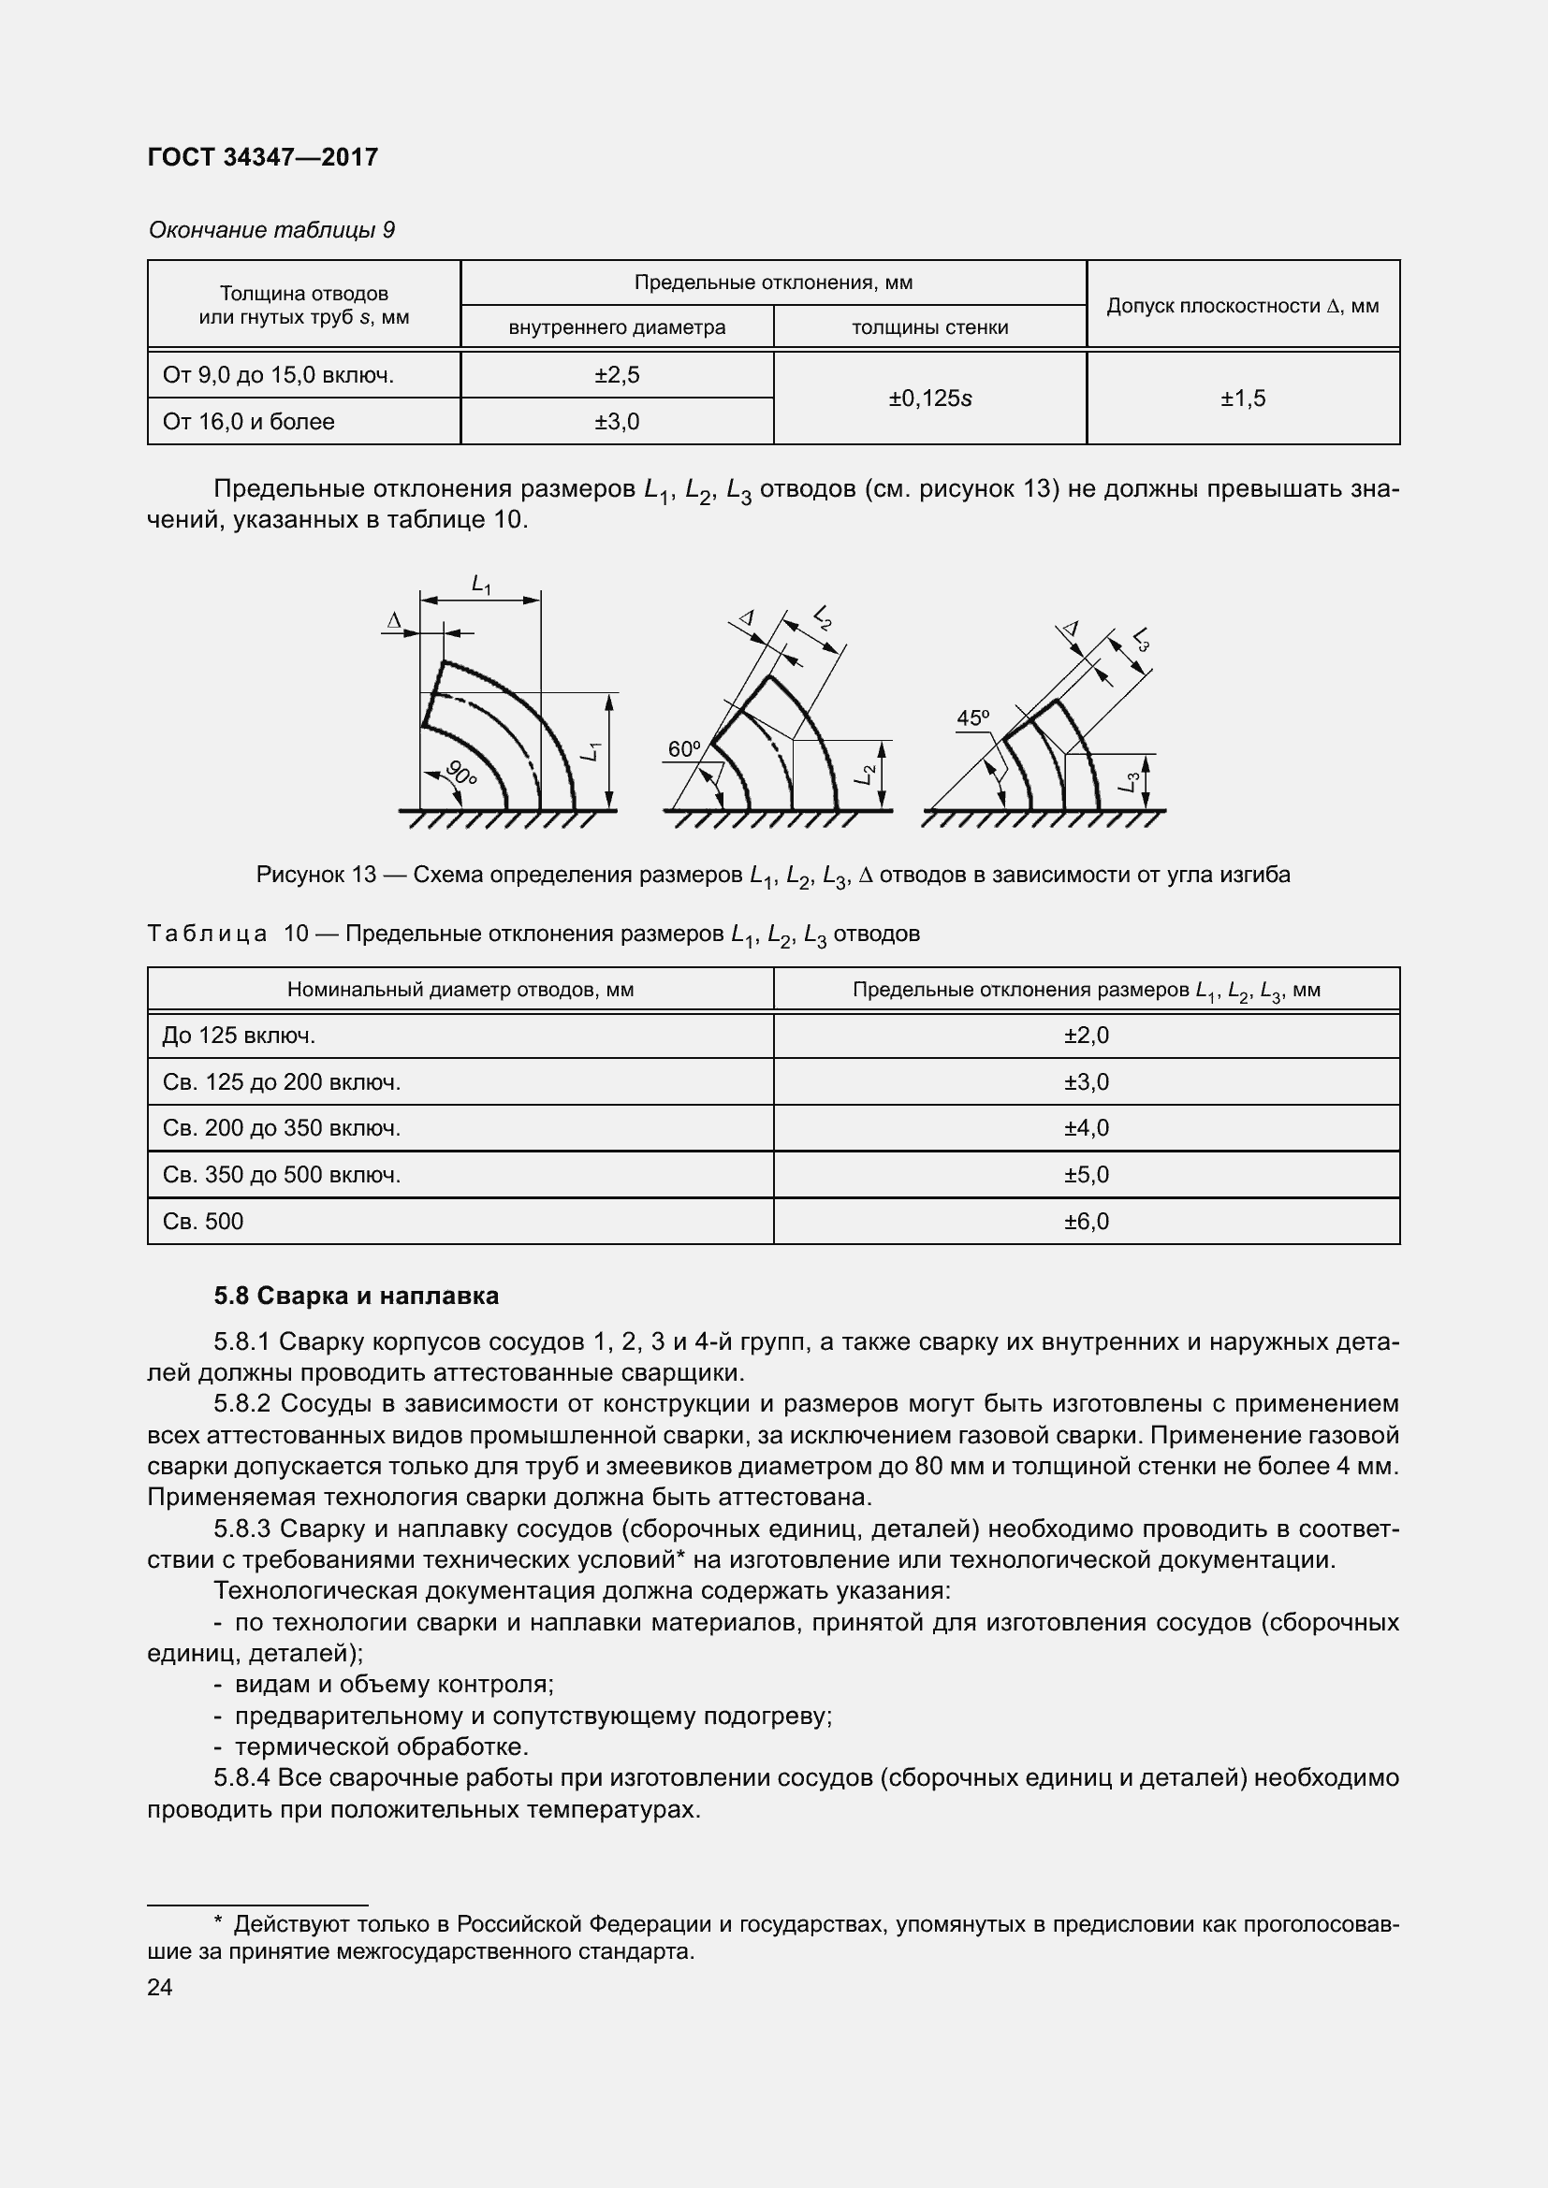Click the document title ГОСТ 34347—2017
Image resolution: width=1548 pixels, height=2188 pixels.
click(x=263, y=157)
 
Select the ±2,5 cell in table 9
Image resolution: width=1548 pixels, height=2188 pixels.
click(x=617, y=375)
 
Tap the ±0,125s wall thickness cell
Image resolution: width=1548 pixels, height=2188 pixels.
click(x=929, y=398)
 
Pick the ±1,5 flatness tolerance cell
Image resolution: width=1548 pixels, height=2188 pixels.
click(x=1243, y=398)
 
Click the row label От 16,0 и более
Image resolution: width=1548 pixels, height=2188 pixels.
click(x=249, y=422)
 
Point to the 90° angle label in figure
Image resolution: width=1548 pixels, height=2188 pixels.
click(x=461, y=775)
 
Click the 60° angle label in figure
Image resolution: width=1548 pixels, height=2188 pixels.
click(x=683, y=750)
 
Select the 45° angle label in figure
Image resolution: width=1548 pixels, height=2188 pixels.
click(x=972, y=718)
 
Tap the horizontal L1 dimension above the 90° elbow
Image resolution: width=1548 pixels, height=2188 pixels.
click(x=481, y=584)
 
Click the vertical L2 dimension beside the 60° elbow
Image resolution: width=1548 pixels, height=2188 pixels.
click(x=866, y=775)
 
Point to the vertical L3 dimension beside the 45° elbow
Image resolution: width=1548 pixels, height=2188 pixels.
click(x=1130, y=782)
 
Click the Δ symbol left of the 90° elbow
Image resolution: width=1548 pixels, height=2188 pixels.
click(x=394, y=621)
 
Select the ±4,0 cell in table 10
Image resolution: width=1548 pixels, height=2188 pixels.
click(x=1087, y=1128)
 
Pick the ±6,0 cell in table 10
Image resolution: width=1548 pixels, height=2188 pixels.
click(x=1087, y=1222)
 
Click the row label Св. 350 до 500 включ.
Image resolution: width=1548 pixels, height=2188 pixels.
click(x=281, y=1175)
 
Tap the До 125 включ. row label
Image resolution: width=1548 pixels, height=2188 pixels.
click(x=239, y=1036)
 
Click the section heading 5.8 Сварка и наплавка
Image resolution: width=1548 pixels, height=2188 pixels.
click(x=356, y=1296)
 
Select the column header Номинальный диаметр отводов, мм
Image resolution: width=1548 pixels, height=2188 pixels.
click(x=460, y=990)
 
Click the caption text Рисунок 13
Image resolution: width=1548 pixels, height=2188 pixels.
click(x=316, y=875)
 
